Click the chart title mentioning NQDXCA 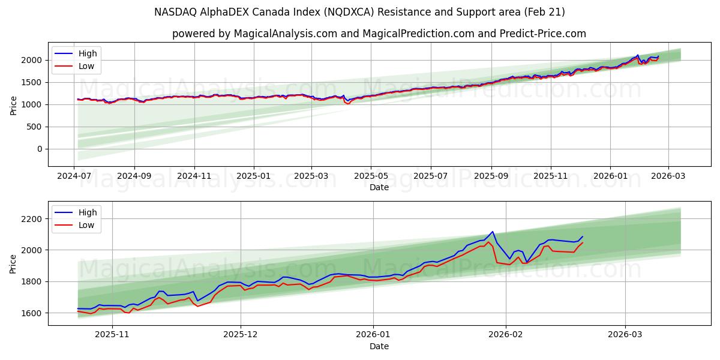click(359, 12)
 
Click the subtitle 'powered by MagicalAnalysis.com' click(379, 34)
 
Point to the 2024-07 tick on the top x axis click(74, 177)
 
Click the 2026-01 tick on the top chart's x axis click(610, 177)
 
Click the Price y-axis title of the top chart click(13, 105)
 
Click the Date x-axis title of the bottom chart click(379, 347)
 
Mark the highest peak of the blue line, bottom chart click(493, 232)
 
